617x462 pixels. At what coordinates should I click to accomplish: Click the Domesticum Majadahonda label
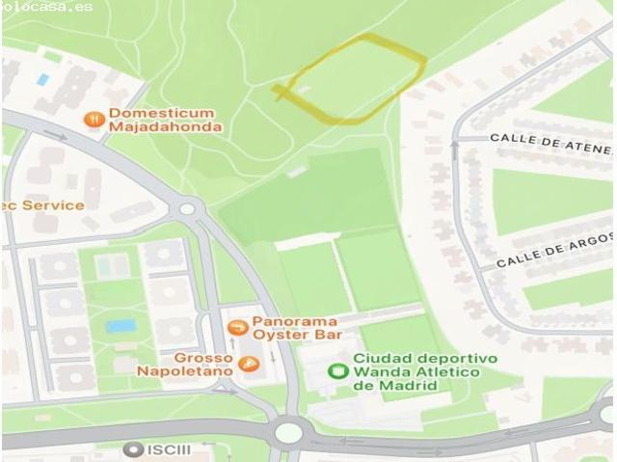pyautogui.click(x=163, y=119)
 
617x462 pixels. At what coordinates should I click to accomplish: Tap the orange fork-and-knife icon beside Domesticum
pyautogui.click(x=94, y=119)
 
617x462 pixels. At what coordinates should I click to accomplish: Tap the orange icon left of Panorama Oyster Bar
pyautogui.click(x=234, y=328)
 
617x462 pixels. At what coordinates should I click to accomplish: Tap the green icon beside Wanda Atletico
pyautogui.click(x=337, y=370)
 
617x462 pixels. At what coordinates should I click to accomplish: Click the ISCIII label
pyautogui.click(x=170, y=449)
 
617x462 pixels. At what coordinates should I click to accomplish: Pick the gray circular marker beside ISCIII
pyautogui.click(x=135, y=449)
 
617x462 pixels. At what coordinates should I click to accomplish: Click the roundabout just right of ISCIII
pyautogui.click(x=286, y=431)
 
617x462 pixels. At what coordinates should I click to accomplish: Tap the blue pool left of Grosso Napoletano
pyautogui.click(x=121, y=326)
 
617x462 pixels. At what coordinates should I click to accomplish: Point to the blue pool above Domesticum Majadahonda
pyautogui.click(x=42, y=79)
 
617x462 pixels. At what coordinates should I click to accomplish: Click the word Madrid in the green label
pyautogui.click(x=406, y=386)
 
